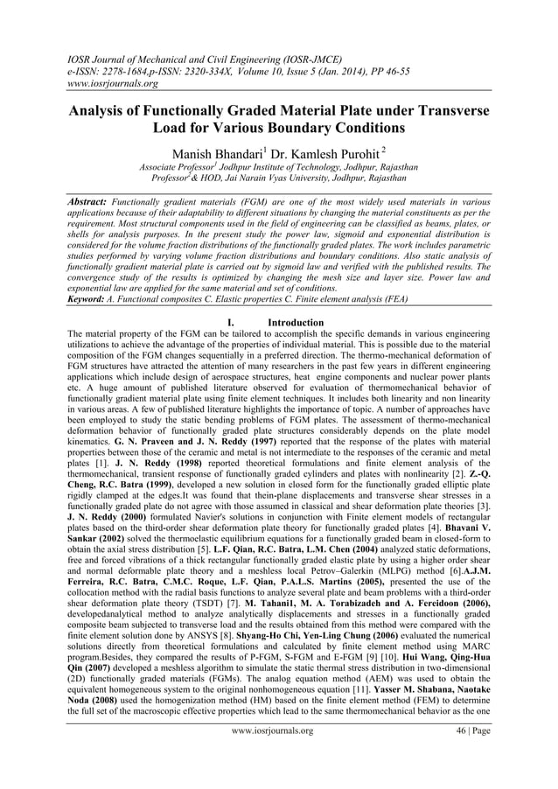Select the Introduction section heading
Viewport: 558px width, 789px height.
coord(296,323)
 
